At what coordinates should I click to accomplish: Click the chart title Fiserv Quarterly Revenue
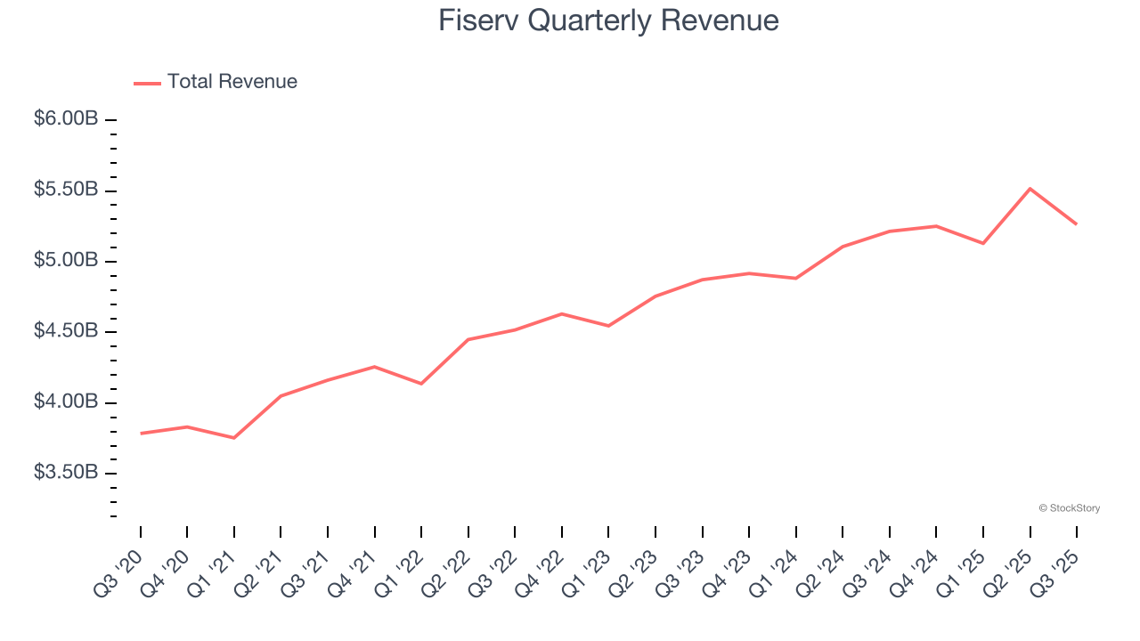[x=608, y=20]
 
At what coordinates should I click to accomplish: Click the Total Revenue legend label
[x=232, y=82]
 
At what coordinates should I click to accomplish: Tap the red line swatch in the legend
[x=147, y=83]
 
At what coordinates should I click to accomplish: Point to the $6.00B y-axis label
[x=66, y=119]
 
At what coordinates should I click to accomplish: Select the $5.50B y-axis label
[x=66, y=191]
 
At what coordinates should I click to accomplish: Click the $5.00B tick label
[x=66, y=261]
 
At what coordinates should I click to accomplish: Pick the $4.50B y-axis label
[x=66, y=331]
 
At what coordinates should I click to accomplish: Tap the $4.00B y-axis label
[x=66, y=402]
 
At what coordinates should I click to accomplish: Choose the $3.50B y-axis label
[x=66, y=473]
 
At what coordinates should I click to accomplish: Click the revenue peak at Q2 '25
[x=1030, y=189]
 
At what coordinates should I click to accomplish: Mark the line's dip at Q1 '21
[x=234, y=438]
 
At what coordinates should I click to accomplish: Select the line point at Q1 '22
[x=421, y=384]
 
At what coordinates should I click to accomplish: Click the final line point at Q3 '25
[x=1077, y=224]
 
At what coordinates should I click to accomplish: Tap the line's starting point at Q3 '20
[x=141, y=434]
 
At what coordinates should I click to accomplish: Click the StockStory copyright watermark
[x=1069, y=508]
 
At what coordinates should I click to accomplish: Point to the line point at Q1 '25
[x=983, y=243]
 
